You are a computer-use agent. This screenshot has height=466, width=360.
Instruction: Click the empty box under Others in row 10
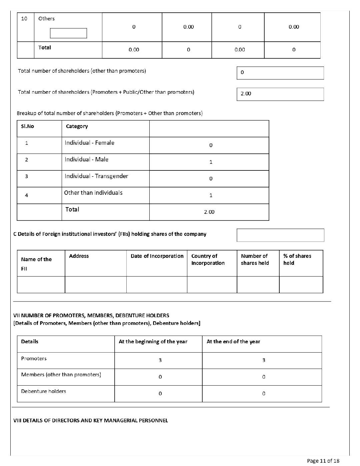pyautogui.click(x=68, y=33)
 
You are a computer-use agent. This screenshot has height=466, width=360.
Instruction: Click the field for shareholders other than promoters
pyautogui.click(x=280, y=73)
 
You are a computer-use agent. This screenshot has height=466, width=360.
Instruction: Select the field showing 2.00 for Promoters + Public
pyautogui.click(x=280, y=94)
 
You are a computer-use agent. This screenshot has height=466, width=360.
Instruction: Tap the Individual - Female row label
pyautogui.click(x=89, y=143)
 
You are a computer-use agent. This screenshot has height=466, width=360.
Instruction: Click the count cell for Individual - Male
pyautogui.click(x=210, y=162)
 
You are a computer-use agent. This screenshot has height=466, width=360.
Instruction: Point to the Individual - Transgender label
pyautogui.click(x=96, y=176)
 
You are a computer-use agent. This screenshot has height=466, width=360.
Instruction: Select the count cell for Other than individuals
pyautogui.click(x=210, y=195)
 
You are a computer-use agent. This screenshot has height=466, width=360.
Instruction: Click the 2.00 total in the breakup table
pyautogui.click(x=209, y=212)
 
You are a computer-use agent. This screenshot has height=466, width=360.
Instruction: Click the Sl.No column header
pyautogui.click(x=27, y=126)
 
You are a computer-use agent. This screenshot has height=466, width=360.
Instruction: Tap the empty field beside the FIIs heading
pyautogui.click(x=280, y=235)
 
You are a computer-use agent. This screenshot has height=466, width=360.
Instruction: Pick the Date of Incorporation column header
pyautogui.click(x=157, y=256)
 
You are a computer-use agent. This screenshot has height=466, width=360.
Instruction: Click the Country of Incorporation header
pyautogui.click(x=208, y=260)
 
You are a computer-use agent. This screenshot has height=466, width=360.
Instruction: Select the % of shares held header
pyautogui.click(x=297, y=260)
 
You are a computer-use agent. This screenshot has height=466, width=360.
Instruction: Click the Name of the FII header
pyautogui.click(x=36, y=264)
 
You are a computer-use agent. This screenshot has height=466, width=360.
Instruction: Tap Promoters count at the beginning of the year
pyautogui.click(x=160, y=360)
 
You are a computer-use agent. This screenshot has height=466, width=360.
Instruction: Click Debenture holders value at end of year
pyautogui.click(x=263, y=394)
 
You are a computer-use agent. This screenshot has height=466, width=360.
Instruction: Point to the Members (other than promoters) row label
pyautogui.click(x=61, y=375)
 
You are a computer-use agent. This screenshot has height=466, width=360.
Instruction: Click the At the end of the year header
pyautogui.click(x=233, y=342)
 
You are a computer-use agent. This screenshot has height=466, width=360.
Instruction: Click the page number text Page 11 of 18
pyautogui.click(x=323, y=461)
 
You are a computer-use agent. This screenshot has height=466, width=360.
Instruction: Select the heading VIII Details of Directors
pyautogui.click(x=91, y=421)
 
